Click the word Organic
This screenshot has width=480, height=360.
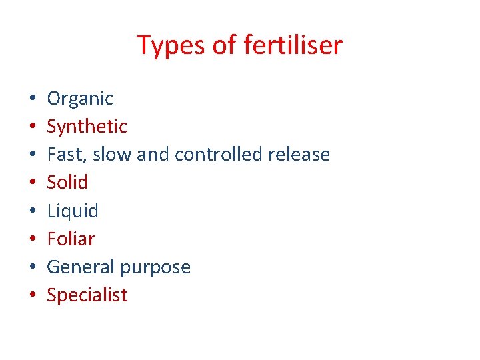(x=80, y=99)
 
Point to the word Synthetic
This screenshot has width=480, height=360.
(x=87, y=126)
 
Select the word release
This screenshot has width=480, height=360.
(x=299, y=155)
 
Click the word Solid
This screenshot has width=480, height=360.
(x=67, y=183)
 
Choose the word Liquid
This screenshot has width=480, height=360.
(x=73, y=211)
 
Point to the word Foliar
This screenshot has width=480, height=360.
(x=71, y=239)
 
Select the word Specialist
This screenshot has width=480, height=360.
(x=87, y=295)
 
